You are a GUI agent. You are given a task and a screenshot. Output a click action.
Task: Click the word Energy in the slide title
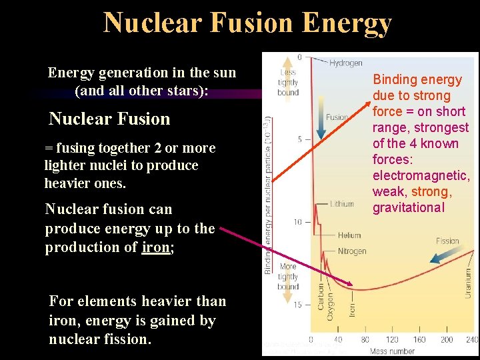[346, 23]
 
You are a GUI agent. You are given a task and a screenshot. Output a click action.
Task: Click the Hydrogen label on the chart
[347, 63]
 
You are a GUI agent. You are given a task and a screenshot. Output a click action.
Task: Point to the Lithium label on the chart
[341, 204]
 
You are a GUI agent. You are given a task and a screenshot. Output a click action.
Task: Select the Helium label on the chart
[349, 235]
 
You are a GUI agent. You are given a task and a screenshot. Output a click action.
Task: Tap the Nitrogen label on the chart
[352, 251]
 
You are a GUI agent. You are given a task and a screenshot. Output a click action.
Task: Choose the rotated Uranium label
[468, 283]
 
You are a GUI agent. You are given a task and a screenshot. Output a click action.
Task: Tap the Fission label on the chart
[447, 241]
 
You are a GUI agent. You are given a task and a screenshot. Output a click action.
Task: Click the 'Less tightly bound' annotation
[288, 83]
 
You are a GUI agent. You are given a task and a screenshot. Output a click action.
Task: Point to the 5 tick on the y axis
[300, 139]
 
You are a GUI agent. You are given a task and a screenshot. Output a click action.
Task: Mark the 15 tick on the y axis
[298, 305]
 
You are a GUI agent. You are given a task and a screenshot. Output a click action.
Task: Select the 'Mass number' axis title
[393, 351]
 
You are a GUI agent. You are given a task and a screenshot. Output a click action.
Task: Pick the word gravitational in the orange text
[408, 207]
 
